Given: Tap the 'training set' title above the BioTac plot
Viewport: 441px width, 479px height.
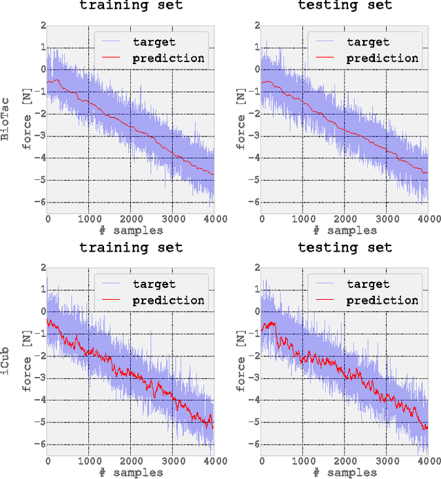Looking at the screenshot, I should tap(130, 6).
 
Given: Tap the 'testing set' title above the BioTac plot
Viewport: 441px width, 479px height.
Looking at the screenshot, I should tap(345, 6).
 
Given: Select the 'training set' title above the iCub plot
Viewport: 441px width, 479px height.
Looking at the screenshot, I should tap(130, 247).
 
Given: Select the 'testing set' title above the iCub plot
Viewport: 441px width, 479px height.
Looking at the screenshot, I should tap(345, 247).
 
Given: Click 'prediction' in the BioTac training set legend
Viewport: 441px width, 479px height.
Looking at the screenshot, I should tap(168, 58).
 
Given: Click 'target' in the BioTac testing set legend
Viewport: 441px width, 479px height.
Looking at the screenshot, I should tap(367, 42).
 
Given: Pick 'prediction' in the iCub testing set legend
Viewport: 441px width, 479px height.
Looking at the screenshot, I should tap(382, 300).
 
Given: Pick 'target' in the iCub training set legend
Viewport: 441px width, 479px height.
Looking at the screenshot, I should tap(154, 283).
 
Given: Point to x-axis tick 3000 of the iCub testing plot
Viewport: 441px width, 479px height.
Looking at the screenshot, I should tap(387, 460).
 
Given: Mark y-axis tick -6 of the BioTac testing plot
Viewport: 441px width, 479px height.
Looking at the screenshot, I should tap(252, 202).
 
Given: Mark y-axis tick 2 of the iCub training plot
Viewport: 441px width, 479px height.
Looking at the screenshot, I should tap(41, 267).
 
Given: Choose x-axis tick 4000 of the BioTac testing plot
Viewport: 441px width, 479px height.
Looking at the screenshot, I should tap(427, 219).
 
